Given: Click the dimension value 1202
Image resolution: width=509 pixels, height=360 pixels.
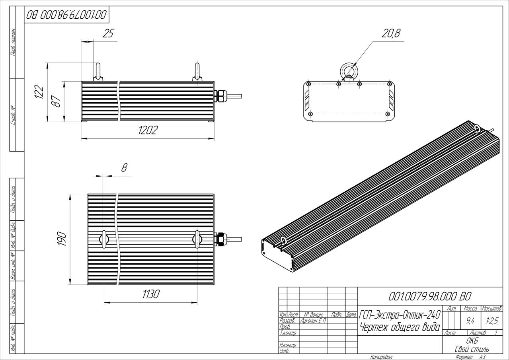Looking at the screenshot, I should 148,130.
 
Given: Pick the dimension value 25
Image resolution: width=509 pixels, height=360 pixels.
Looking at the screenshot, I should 107,34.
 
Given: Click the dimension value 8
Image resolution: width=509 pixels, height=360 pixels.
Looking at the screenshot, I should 124,168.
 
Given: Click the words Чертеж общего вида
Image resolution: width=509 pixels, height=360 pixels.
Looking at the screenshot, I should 399,328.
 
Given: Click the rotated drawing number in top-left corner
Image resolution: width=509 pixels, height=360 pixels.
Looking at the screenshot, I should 66,15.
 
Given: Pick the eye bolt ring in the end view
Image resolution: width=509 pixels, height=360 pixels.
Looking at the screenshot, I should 349,71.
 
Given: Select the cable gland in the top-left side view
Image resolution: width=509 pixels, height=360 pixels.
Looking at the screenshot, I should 220,95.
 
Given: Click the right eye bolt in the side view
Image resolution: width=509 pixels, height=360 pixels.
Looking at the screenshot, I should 197,72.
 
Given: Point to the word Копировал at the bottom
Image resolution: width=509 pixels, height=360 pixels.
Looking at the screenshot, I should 381,357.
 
